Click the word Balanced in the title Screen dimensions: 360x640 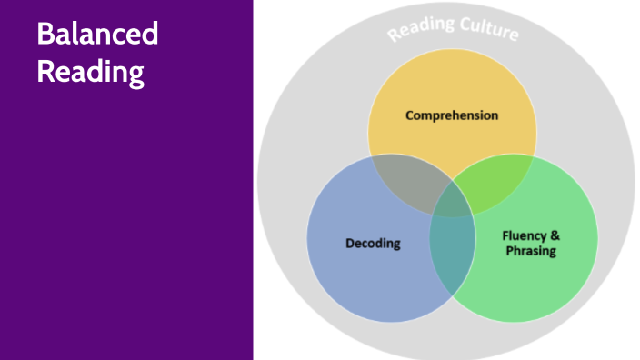tap(97, 35)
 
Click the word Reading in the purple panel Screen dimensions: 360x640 tap(90, 72)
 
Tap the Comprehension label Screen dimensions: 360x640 tap(452, 115)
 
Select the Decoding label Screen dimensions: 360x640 tap(373, 243)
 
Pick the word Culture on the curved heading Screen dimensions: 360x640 tap(488, 29)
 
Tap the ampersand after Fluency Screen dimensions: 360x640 tap(555, 235)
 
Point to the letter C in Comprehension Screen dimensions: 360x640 tap(410, 115)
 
